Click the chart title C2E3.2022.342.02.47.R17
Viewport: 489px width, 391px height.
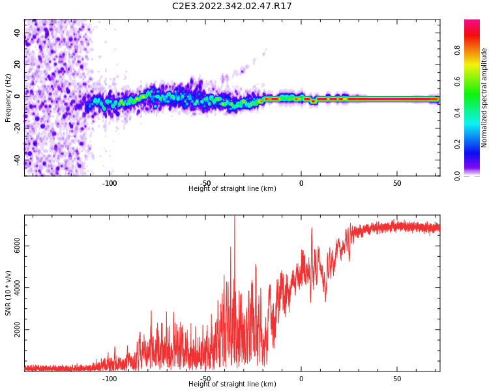pos(232,7)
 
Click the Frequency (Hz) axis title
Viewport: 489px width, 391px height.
pos(8,98)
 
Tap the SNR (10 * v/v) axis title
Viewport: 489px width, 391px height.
pos(8,293)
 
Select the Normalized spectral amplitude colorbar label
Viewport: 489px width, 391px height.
pos(484,98)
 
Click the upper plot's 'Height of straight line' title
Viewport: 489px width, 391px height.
pos(232,189)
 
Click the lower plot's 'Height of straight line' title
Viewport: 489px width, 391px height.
pos(232,384)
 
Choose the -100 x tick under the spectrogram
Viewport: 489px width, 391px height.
pos(110,183)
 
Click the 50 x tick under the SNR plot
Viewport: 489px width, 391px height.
pos(397,379)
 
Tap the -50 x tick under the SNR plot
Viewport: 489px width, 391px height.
pos(205,379)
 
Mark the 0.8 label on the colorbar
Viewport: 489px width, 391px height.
pos(457,49)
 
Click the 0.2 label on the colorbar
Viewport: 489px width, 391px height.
pos(457,144)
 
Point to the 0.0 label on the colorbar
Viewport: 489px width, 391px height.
pos(457,175)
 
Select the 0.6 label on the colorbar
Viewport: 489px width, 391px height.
pos(457,81)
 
